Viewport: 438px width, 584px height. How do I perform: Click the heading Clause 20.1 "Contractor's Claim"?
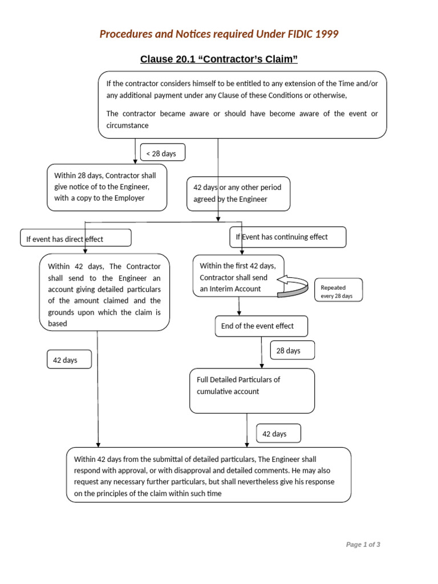pyautogui.click(x=219, y=59)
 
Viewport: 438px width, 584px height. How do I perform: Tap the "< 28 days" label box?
pyautogui.click(x=163, y=153)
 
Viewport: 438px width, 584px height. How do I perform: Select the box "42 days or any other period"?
pyautogui.click(x=238, y=193)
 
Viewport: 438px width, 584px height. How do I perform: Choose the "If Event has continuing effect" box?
pyautogui.click(x=287, y=237)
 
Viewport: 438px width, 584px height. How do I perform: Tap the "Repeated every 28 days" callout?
pyautogui.click(x=338, y=291)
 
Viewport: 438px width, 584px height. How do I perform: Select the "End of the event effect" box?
pyautogui.click(x=261, y=326)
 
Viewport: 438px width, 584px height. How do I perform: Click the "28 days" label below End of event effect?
pyautogui.click(x=292, y=351)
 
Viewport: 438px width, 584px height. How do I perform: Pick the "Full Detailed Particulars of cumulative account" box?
pyautogui.click(x=252, y=390)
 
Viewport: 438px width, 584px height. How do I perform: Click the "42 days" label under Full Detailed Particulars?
pyautogui.click(x=278, y=434)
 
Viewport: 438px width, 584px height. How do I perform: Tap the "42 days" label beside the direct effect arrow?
pyautogui.click(x=69, y=360)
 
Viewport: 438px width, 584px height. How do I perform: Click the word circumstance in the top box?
pyautogui.click(x=127, y=125)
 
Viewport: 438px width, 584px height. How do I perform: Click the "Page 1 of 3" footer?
pyautogui.click(x=363, y=545)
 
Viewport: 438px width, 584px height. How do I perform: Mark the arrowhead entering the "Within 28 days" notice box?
pyautogui.click(x=135, y=161)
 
